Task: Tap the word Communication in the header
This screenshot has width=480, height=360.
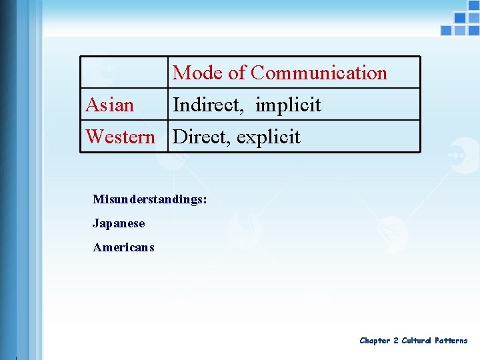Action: pyautogui.click(x=319, y=73)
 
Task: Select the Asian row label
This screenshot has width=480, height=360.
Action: pyautogui.click(x=110, y=105)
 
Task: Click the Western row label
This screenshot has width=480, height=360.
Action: pyautogui.click(x=120, y=137)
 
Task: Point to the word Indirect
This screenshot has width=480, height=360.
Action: pyautogui.click(x=209, y=105)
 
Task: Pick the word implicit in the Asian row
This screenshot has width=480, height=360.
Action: pyautogui.click(x=288, y=105)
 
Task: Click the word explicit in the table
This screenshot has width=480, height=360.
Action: pyautogui.click(x=268, y=137)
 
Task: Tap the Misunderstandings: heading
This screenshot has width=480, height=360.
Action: pyautogui.click(x=150, y=199)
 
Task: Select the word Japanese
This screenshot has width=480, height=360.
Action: pyautogui.click(x=119, y=223)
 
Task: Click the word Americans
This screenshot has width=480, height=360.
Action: pyautogui.click(x=123, y=247)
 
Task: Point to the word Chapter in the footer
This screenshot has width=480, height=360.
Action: pyautogui.click(x=375, y=341)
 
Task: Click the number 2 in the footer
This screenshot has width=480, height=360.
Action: pyautogui.click(x=395, y=341)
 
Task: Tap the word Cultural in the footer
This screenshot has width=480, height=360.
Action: pyautogui.click(x=416, y=341)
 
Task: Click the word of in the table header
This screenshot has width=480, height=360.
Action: pyautogui.click(x=237, y=73)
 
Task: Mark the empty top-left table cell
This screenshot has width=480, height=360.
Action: pyautogui.click(x=124, y=72)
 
